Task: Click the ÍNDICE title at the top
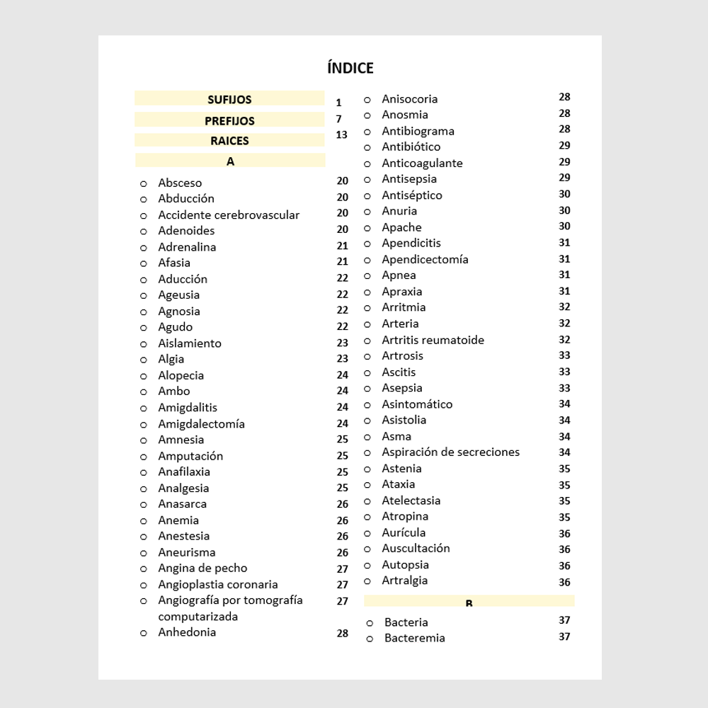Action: coord(350,68)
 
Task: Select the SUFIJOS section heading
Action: coord(229,100)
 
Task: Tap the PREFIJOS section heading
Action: coord(229,121)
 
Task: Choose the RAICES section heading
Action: coord(229,141)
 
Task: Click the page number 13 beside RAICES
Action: coord(342,135)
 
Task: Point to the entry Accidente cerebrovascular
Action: coord(229,215)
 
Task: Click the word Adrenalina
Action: coord(187,246)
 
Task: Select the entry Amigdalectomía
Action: coord(201,423)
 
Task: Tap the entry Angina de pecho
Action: coord(202,568)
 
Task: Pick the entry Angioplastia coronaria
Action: coord(218,584)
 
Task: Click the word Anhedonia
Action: coord(187,632)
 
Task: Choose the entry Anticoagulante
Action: coord(422,163)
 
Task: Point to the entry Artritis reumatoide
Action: coord(433,340)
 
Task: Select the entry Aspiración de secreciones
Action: coord(450,452)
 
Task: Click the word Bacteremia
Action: coord(414,638)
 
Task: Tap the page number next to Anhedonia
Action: coord(343,634)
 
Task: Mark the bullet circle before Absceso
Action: coord(144,183)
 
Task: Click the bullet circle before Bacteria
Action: coord(370,623)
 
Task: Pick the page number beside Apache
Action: coord(564,227)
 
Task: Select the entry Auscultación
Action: coord(416,548)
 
